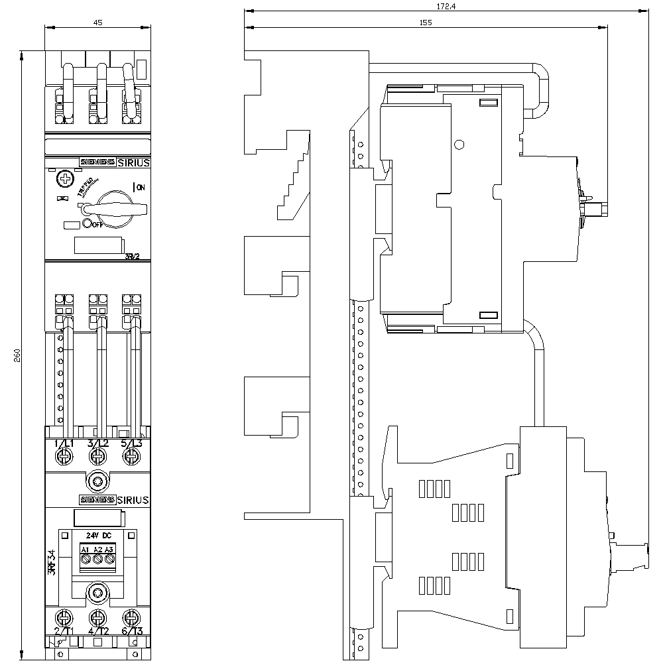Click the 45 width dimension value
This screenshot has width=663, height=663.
(x=97, y=23)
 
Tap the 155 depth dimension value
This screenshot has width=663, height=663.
(x=425, y=23)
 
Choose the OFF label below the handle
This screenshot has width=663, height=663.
(x=97, y=225)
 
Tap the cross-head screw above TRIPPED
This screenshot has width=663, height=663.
(x=64, y=178)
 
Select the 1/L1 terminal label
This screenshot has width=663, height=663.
(x=64, y=444)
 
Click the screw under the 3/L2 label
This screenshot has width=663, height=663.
(x=98, y=456)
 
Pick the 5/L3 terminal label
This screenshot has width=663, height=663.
(x=133, y=444)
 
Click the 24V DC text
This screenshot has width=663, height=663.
(x=98, y=535)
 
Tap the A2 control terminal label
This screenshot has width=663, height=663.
(x=97, y=550)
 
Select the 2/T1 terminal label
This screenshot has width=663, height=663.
(x=64, y=631)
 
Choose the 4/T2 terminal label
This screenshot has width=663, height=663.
(x=98, y=631)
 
